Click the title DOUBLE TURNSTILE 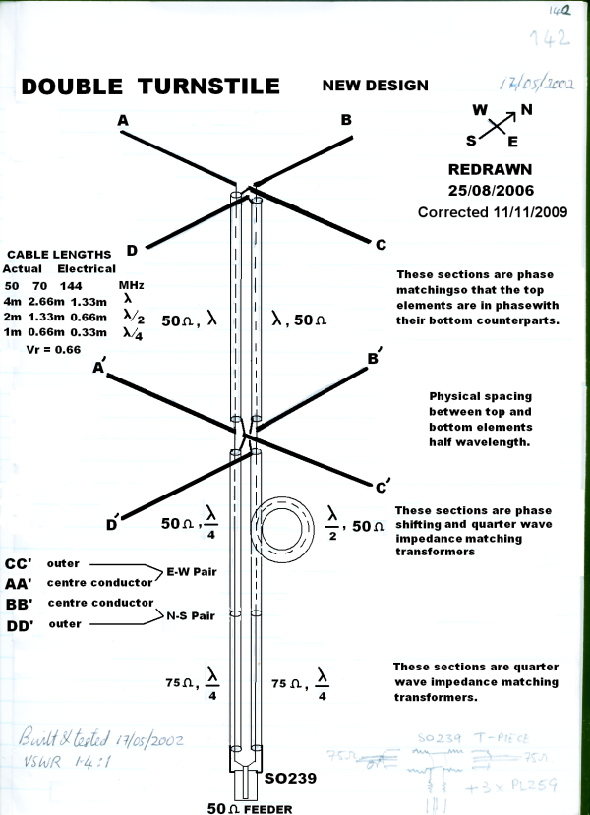(150, 87)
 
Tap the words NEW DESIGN (375, 86)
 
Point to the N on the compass (526, 109)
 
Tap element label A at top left (124, 120)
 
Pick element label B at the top (346, 120)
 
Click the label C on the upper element (382, 244)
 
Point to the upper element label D (132, 250)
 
